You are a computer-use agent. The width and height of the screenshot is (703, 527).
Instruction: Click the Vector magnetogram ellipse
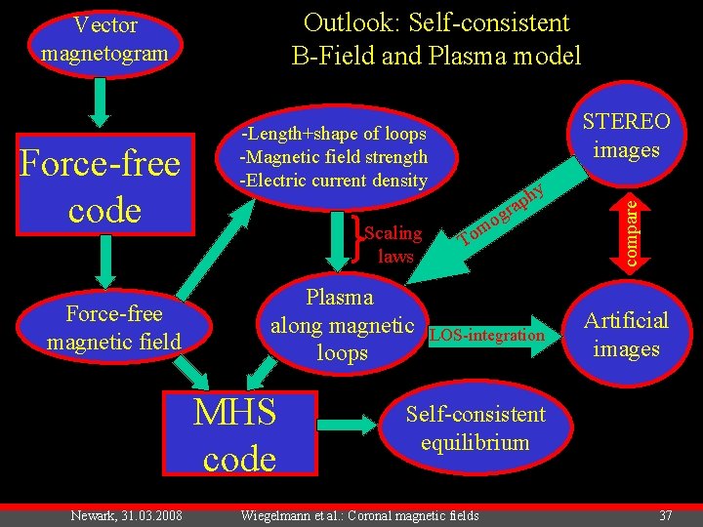pyautogui.click(x=105, y=39)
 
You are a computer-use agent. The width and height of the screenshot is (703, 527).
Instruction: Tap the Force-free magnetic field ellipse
pyautogui.click(x=114, y=326)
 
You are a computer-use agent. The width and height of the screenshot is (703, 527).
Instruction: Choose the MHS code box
pyautogui.click(x=235, y=434)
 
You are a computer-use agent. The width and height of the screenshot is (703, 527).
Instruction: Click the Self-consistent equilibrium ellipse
pyautogui.click(x=476, y=428)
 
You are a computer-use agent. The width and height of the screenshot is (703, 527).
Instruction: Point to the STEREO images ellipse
pyautogui.click(x=626, y=136)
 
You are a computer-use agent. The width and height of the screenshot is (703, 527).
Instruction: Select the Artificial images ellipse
pyautogui.click(x=626, y=335)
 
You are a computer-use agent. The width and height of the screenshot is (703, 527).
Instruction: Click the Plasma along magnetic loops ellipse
pyautogui.click(x=342, y=325)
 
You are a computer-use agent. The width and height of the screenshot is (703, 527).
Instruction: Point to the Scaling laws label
pyautogui.click(x=393, y=244)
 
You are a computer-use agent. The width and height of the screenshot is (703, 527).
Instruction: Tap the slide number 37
pyautogui.click(x=665, y=515)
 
